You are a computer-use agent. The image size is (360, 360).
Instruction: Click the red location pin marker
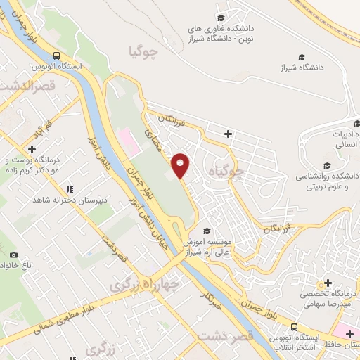click(181, 165)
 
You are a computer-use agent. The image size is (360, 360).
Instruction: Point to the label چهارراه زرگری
click(140, 284)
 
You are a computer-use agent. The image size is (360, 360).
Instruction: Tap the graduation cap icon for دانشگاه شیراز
click(302, 57)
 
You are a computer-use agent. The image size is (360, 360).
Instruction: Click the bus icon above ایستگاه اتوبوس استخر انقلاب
click(295, 327)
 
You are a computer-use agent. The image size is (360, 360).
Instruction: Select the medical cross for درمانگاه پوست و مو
click(32, 149)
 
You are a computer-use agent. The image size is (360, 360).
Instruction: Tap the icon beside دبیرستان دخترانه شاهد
click(69, 189)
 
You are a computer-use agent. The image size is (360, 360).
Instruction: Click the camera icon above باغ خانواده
click(13, 254)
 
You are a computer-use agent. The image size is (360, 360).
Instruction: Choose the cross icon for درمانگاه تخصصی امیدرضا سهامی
click(328, 282)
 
